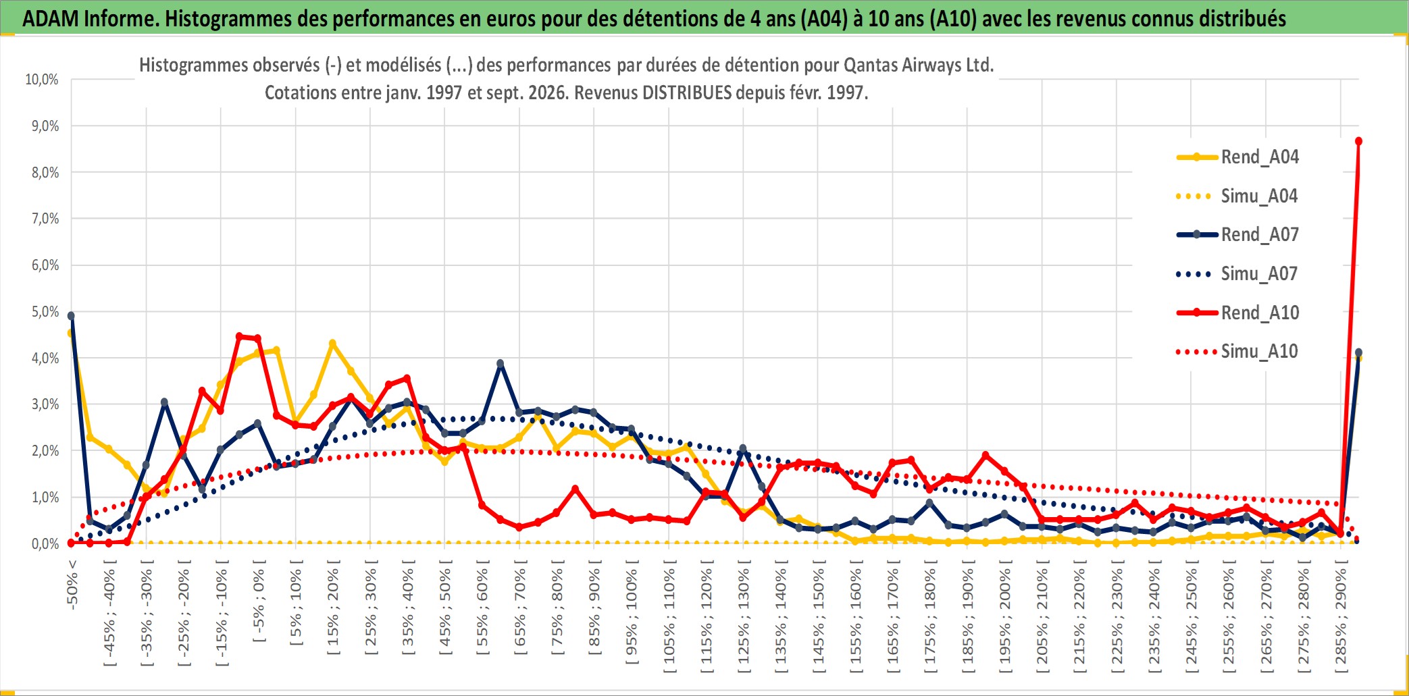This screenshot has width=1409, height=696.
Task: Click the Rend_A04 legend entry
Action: (x=1237, y=157)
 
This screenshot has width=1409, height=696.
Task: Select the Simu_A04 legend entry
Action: (x=1237, y=196)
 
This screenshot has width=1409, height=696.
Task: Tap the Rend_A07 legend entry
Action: (x=1237, y=234)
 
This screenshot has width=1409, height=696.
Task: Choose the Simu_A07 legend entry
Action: (x=1237, y=273)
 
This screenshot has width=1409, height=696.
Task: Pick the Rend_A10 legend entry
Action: (x=1237, y=313)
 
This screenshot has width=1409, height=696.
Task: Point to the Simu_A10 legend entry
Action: (x=1237, y=351)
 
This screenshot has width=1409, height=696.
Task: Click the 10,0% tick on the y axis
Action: (x=42, y=80)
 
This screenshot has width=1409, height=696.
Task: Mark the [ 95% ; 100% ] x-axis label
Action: (x=632, y=616)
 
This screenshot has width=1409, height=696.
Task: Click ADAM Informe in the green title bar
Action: (x=90, y=18)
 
